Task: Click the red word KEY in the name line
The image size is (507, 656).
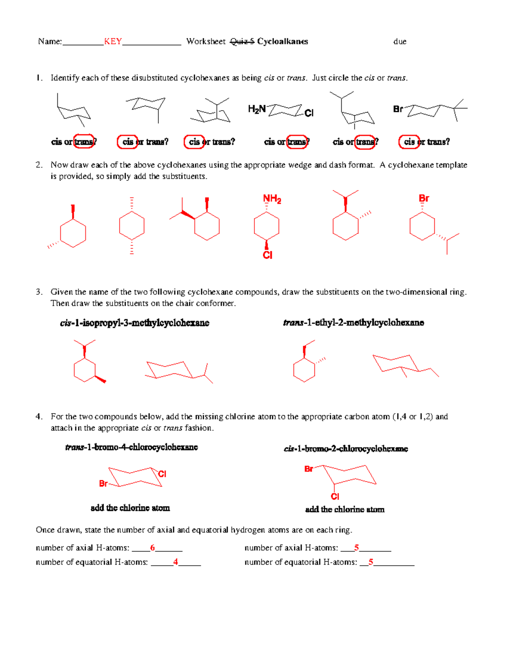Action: (x=113, y=41)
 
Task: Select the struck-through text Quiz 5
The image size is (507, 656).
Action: (x=242, y=41)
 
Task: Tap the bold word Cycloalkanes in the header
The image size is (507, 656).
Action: (x=282, y=41)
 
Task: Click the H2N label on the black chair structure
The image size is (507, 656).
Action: (x=256, y=109)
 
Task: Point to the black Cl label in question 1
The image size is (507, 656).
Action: (x=309, y=113)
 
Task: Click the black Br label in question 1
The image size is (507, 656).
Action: (x=398, y=109)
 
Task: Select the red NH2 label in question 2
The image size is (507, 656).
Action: (x=272, y=199)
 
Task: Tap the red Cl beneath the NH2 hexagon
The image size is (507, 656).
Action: (x=267, y=255)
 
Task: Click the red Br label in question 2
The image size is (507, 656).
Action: (x=424, y=198)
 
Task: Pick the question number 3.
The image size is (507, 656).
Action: (x=39, y=292)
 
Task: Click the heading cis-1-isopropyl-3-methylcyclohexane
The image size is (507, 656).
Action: (x=134, y=323)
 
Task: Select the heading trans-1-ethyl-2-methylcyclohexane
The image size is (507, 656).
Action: (x=353, y=323)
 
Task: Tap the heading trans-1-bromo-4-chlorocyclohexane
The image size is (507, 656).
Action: (x=131, y=447)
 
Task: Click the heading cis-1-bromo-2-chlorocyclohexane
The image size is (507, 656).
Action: (x=346, y=449)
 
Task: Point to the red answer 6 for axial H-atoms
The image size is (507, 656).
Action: (x=153, y=548)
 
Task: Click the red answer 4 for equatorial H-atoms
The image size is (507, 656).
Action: (x=175, y=562)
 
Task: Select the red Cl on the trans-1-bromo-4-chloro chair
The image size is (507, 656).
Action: (x=162, y=474)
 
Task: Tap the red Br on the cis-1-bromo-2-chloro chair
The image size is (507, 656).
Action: (x=309, y=469)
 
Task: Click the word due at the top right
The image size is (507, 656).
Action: (x=400, y=41)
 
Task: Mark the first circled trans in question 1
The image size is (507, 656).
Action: (x=84, y=142)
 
